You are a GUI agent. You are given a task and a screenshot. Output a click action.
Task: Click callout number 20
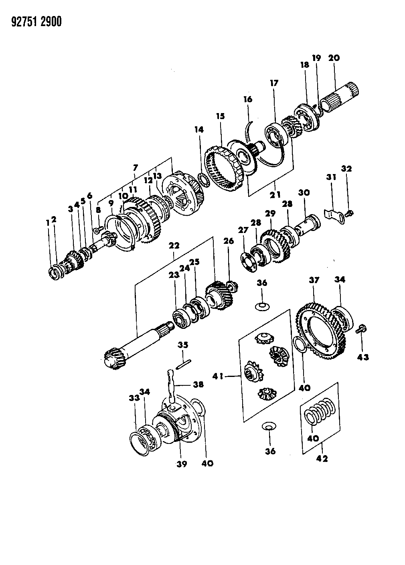334,58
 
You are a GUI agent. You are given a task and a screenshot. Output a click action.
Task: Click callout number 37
314,280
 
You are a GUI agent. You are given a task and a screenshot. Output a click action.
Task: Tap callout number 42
322,458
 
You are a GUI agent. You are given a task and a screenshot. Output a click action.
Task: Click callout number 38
198,385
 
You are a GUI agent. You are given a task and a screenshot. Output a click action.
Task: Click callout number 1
48,222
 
